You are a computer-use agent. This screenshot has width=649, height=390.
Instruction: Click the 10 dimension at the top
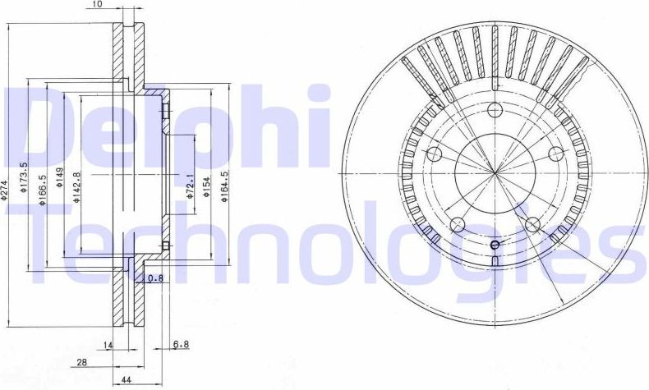coord(98,5)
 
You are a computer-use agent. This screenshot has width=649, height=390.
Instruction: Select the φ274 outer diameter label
coord(5,191)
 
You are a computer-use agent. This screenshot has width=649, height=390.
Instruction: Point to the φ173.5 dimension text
coord(25,176)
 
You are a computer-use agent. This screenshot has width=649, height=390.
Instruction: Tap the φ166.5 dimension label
coord(44,190)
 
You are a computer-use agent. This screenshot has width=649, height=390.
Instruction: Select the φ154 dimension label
coord(208,186)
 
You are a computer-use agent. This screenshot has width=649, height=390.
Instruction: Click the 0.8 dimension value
coord(155,278)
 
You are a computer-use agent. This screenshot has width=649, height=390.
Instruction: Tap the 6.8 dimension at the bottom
coord(180,345)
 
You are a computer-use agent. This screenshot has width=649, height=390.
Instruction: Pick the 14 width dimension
coord(108,345)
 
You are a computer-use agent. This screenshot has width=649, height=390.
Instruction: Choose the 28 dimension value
coord(82,362)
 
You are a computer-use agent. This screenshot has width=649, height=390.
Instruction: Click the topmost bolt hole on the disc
coord(495,111)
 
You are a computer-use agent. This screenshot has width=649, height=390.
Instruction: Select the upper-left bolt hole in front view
coord(436,154)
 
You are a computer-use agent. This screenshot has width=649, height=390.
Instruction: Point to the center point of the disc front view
coord(495,173)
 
